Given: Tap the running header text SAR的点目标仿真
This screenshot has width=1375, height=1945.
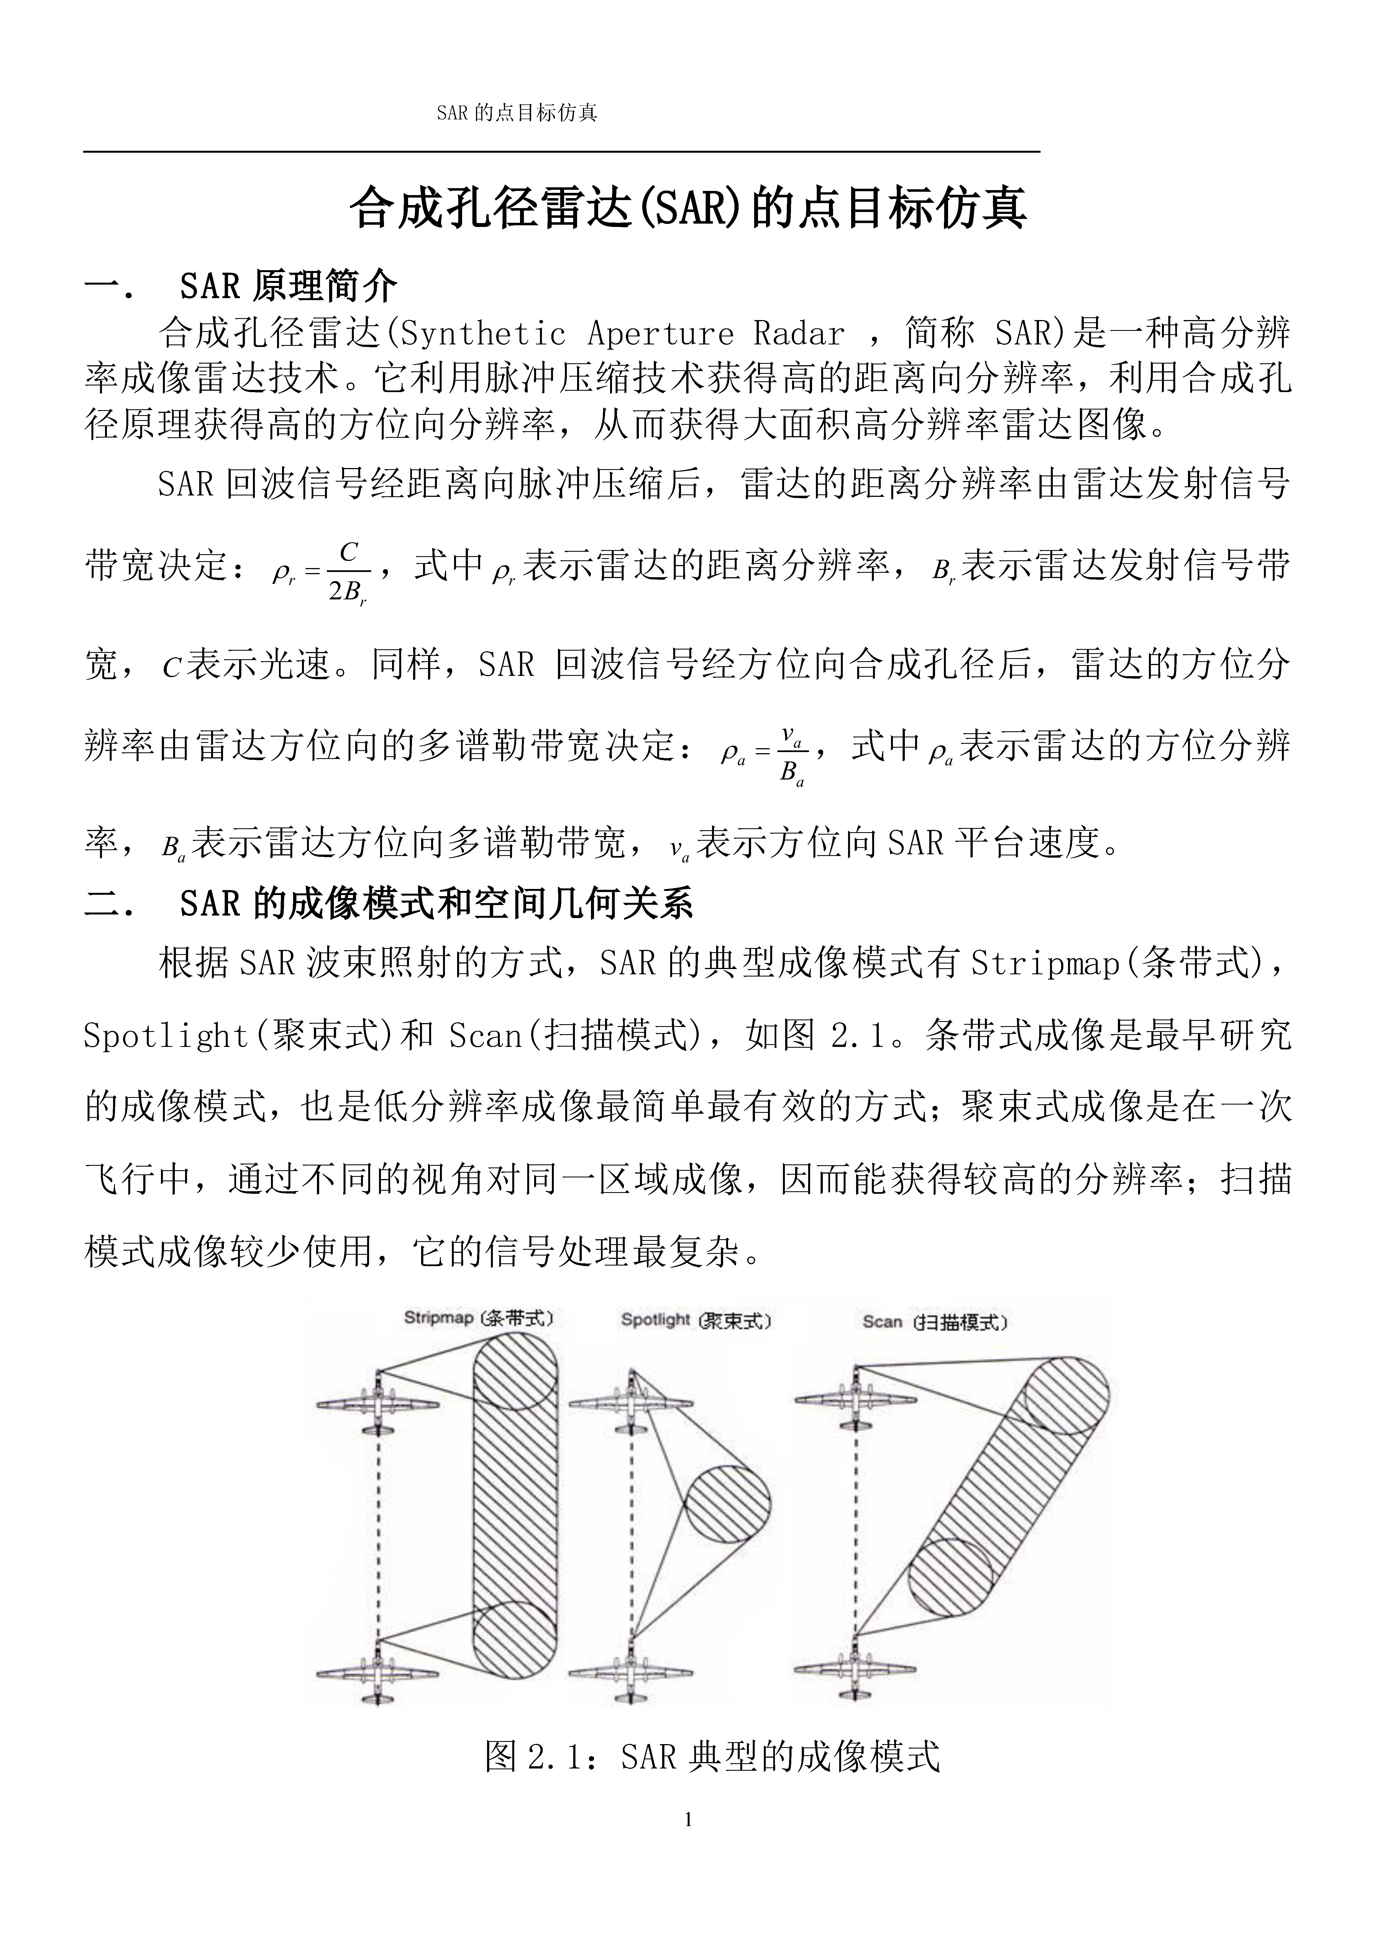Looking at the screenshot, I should (517, 113).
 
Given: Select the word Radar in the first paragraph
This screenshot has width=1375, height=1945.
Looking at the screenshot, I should (799, 334).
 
